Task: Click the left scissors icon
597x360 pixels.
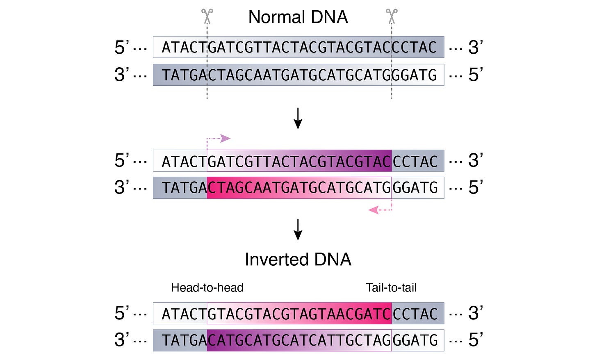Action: [207, 16]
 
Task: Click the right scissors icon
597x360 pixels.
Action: [392, 16]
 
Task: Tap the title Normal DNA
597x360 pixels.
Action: [298, 17]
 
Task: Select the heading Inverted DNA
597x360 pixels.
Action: [298, 260]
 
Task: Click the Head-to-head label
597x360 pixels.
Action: [207, 287]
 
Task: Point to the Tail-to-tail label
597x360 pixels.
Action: [391, 287]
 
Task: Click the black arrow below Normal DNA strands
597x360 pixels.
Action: [298, 118]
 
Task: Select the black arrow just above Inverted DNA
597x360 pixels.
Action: [298, 229]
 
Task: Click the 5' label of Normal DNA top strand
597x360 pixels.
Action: [122, 48]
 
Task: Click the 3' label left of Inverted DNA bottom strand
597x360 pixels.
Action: [122, 340]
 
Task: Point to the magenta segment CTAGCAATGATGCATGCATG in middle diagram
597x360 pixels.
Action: [299, 188]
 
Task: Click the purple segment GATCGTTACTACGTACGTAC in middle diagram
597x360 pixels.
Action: [299, 161]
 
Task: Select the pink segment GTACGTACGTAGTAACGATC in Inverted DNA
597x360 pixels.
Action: [299, 314]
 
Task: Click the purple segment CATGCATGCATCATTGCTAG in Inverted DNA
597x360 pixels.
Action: [299, 340]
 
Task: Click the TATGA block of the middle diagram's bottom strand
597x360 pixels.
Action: [180, 188]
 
